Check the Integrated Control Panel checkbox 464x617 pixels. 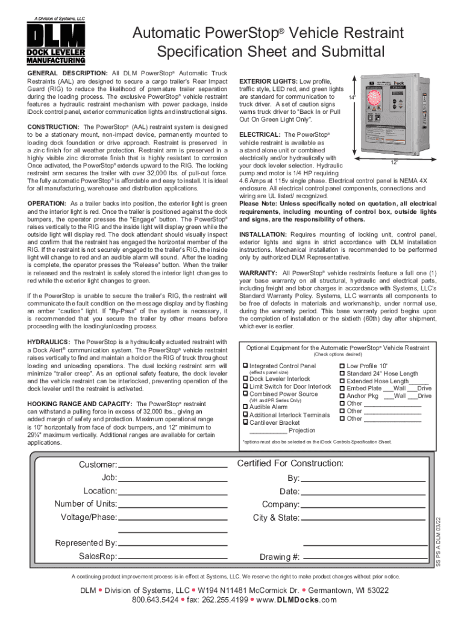tap(245, 366)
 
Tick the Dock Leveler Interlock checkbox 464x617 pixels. tap(245, 379)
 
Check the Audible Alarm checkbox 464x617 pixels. tap(245, 407)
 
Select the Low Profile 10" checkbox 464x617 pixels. tap(342, 366)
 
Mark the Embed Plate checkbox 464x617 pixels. tap(342, 389)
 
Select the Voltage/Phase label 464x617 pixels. tap(89, 518)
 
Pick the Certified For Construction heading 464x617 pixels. tap(290, 463)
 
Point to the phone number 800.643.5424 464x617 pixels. tap(155, 600)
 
